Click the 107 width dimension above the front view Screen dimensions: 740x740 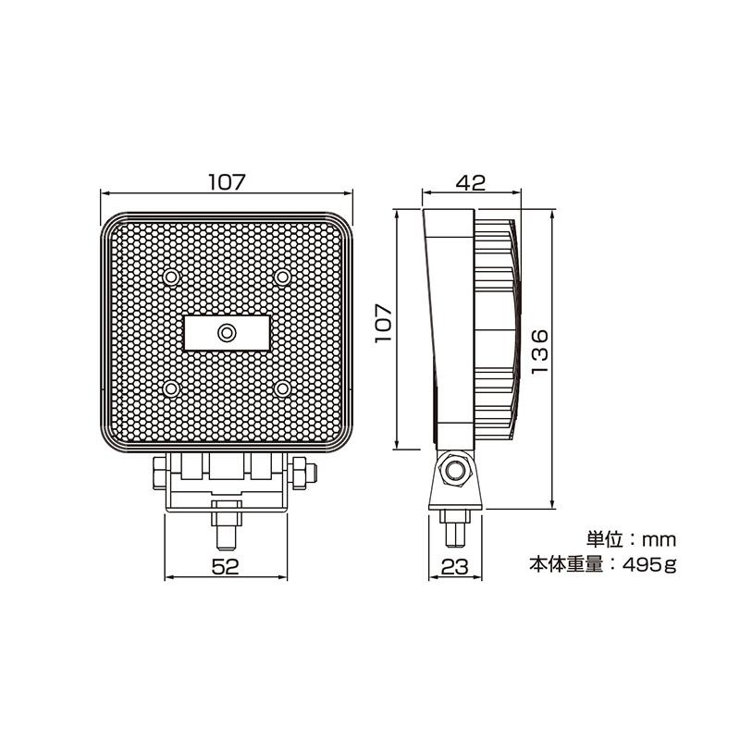pos(227,182)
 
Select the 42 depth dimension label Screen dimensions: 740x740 pos(471,182)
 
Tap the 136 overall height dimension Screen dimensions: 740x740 pos(540,351)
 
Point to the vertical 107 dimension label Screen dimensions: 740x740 pos(384,324)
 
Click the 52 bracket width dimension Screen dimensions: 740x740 pos(226,566)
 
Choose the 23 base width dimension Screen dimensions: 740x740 pos(455,566)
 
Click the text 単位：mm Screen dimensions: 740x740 pos(631,539)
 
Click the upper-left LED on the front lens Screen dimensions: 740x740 pos(171,277)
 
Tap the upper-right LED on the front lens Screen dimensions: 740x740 pos(283,277)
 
